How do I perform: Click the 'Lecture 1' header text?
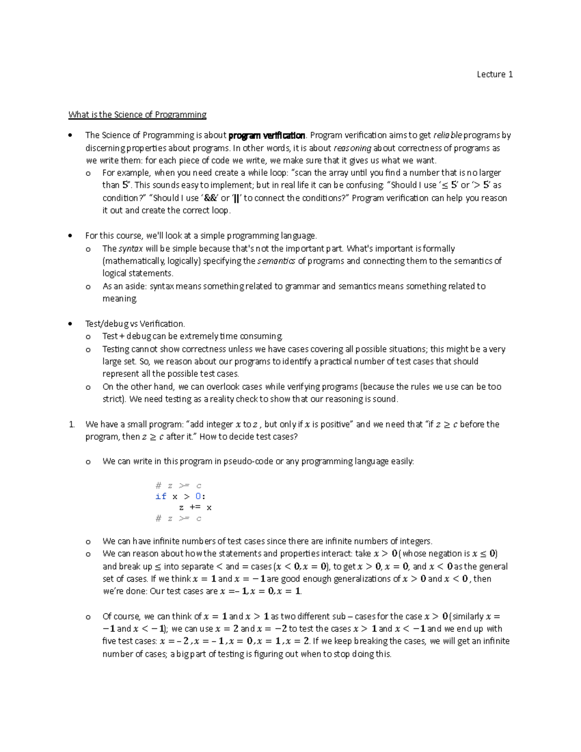tap(494, 74)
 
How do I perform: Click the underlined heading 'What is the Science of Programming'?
tap(138, 115)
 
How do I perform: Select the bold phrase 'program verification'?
tap(267, 136)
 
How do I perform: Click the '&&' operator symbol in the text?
tap(211, 198)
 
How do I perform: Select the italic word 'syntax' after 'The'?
tap(131, 249)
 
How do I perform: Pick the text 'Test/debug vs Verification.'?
tap(135, 323)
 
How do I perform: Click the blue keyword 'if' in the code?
tap(161, 496)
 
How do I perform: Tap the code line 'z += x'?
tap(195, 507)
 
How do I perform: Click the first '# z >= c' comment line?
tap(178, 486)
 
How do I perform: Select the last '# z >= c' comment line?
tap(178, 519)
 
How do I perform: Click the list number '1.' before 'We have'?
tap(72, 425)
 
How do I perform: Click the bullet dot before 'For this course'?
tap(71, 236)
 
